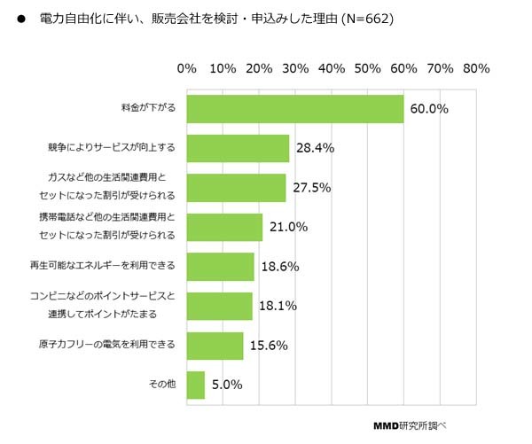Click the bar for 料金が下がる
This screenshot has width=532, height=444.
pyautogui.click(x=295, y=109)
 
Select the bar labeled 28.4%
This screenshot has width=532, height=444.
pyautogui.click(x=239, y=148)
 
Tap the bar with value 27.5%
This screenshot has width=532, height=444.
pyautogui.click(x=237, y=188)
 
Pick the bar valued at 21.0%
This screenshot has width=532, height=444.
pyautogui.click(x=225, y=227)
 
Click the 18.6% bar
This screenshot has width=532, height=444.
pyautogui.click(x=221, y=266)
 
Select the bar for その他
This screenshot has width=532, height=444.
pyautogui.click(x=196, y=385)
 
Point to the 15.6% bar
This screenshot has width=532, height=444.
pyautogui.click(x=215, y=346)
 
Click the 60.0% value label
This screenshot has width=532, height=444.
pyautogui.click(x=430, y=109)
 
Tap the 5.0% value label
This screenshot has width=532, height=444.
pyautogui.click(x=227, y=386)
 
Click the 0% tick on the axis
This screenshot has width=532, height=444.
pyautogui.click(x=187, y=68)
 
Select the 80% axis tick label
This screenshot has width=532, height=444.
pyautogui.click(x=475, y=68)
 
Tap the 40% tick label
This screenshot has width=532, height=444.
pyautogui.click(x=331, y=68)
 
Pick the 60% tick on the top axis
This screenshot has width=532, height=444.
pyautogui.click(x=403, y=68)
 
